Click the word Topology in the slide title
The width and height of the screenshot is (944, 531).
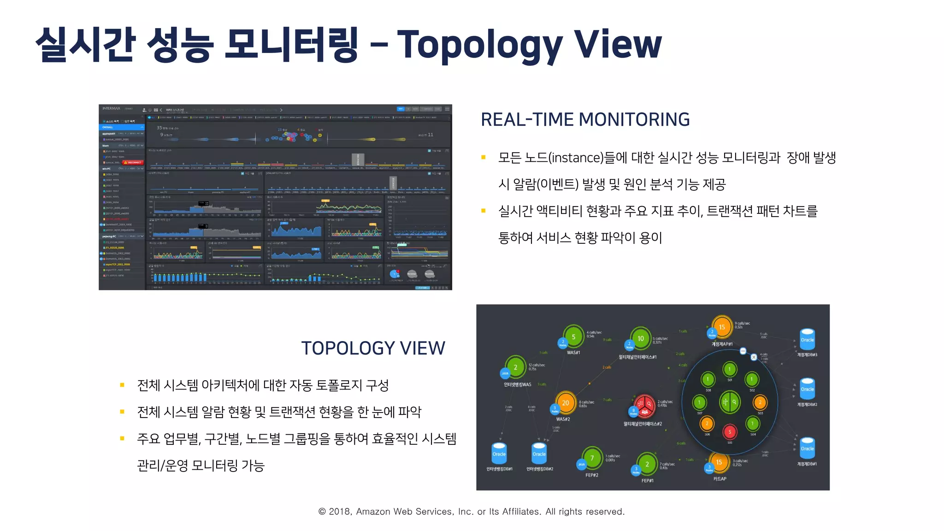click(479, 45)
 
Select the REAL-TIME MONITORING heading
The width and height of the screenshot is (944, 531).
click(585, 120)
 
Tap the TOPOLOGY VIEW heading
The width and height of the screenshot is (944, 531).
click(373, 348)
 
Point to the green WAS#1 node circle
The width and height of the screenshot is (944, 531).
click(573, 337)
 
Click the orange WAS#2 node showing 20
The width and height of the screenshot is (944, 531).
click(566, 403)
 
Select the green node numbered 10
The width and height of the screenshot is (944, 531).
click(641, 339)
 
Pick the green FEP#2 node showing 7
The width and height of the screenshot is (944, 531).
click(592, 458)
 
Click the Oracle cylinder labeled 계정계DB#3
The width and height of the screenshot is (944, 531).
click(807, 340)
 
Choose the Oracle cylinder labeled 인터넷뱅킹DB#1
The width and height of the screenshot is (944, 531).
click(499, 454)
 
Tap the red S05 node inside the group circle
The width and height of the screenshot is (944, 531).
click(730, 432)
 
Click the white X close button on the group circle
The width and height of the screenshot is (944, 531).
click(754, 357)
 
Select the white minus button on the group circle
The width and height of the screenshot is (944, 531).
click(743, 351)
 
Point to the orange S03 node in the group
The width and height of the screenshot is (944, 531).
click(760, 402)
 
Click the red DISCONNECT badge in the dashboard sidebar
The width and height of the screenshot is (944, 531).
click(133, 162)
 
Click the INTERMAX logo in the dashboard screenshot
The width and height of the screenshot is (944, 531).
click(112, 109)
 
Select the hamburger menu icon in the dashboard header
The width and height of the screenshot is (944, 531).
click(447, 109)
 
